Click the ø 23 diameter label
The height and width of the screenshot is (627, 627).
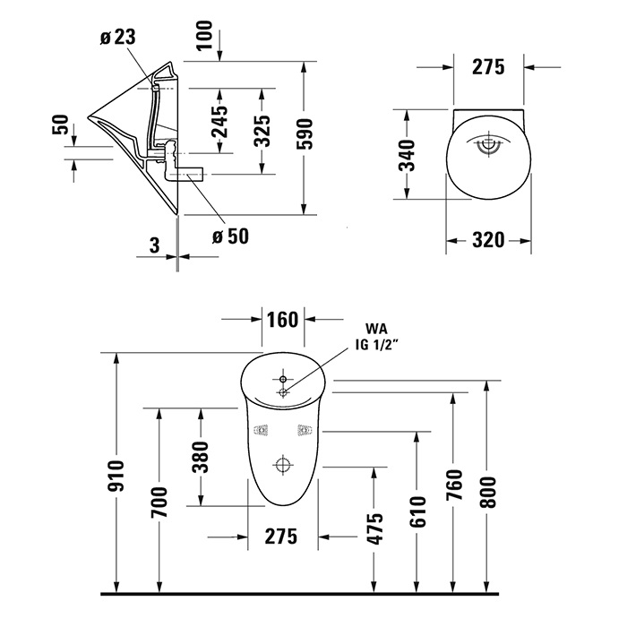point(117,38)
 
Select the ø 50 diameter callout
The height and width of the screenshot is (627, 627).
point(230,236)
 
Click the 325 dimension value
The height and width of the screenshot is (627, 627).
point(263,131)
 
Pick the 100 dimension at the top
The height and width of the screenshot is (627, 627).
point(205,35)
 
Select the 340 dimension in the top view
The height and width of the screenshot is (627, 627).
point(408,155)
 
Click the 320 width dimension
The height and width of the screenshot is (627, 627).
point(488,240)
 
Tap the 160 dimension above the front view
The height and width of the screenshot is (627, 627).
point(282,320)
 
